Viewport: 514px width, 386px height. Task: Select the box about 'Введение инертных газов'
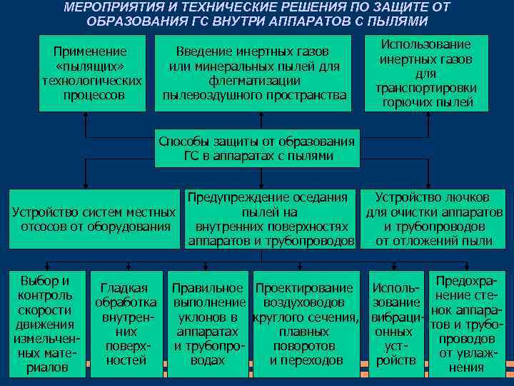pyautogui.click(x=253, y=73)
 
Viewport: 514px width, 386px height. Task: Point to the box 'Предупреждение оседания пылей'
pyautogui.click(x=271, y=219)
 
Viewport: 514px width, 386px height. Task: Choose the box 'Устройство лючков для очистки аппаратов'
pyautogui.click(x=433, y=219)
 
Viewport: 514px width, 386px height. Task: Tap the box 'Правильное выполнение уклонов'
pyautogui.click(x=208, y=324)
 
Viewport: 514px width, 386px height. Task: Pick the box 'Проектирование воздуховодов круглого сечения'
pyautogui.click(x=306, y=324)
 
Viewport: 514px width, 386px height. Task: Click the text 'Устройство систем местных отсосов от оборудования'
pyautogui.click(x=94, y=219)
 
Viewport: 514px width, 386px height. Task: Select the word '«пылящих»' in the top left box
pyautogui.click(x=91, y=66)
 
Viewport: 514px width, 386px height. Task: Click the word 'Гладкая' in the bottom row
pyautogui.click(x=124, y=288)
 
